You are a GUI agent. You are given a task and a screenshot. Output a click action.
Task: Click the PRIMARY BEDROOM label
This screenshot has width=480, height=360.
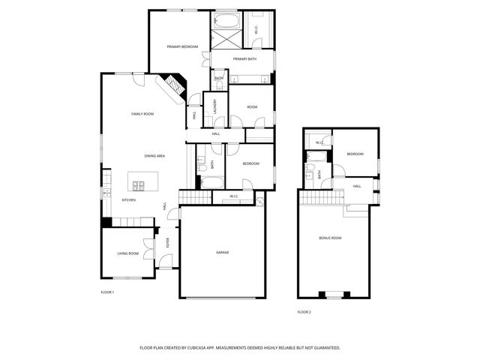click(182, 47)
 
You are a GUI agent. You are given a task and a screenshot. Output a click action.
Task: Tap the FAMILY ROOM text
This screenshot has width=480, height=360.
click(142, 114)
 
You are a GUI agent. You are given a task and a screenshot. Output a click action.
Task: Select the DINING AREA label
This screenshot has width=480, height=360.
click(154, 155)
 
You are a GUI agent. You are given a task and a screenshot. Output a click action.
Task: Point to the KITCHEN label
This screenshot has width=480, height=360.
click(129, 200)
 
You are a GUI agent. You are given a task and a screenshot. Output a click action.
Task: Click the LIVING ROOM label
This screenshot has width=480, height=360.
click(127, 253)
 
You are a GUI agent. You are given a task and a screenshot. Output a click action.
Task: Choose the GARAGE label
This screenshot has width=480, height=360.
click(223, 252)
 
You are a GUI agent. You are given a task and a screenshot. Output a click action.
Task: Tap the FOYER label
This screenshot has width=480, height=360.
click(168, 242)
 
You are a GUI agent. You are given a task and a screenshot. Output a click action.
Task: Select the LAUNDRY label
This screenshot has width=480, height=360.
click(216, 106)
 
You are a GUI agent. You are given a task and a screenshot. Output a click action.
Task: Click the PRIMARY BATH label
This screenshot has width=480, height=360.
click(245, 59)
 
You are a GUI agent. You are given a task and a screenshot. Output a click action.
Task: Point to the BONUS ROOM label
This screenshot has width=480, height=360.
click(330, 238)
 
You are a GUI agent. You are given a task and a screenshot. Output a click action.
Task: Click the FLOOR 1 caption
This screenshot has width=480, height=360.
click(107, 292)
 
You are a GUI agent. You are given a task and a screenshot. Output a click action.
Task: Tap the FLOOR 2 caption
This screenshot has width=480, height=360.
click(304, 311)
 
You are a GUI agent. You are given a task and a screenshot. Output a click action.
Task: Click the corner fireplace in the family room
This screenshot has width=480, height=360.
click(173, 85)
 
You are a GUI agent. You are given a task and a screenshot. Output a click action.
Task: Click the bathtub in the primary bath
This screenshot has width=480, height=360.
click(226, 20)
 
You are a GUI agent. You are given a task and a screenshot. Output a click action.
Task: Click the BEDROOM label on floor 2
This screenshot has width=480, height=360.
click(355, 154)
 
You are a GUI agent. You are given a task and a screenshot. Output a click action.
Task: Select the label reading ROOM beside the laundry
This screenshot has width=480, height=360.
click(252, 107)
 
